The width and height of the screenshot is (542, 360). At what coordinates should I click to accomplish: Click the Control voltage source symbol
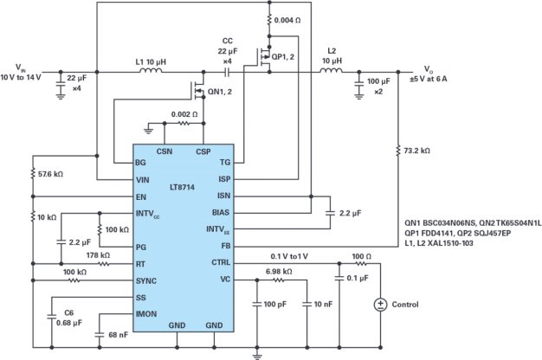coord(379,305)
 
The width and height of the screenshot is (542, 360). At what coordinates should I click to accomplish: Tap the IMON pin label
coord(149,314)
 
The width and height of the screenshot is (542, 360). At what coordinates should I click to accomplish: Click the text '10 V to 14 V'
coord(23,78)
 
